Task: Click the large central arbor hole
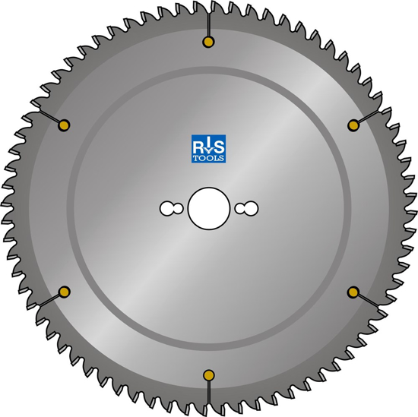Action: point(208,208)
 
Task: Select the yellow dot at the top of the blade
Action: point(207,42)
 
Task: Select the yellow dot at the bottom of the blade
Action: point(208,374)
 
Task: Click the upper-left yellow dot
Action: point(65,125)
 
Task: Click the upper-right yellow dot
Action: point(352,124)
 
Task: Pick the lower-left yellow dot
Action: point(64,292)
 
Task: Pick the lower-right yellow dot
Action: point(353,291)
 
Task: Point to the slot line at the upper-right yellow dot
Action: point(367,115)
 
